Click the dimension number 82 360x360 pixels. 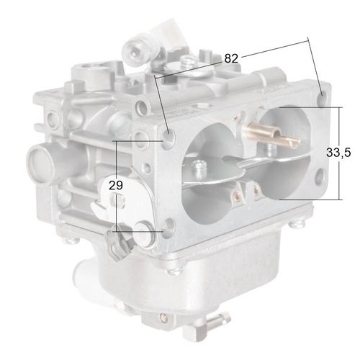231,58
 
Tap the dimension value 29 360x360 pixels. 115,185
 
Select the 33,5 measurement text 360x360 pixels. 338,153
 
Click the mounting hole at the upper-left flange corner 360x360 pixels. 169,136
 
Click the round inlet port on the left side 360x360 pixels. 37,156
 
